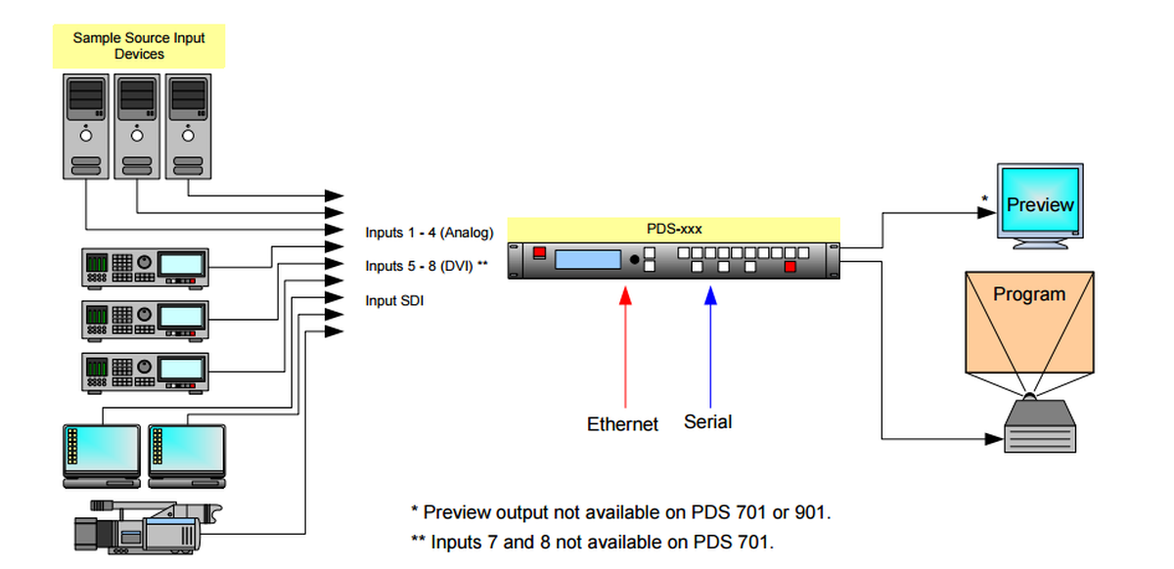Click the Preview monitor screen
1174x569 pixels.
pyautogui.click(x=1039, y=202)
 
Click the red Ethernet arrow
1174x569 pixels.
pyautogui.click(x=623, y=342)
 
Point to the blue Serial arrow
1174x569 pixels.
pyautogui.click(x=710, y=342)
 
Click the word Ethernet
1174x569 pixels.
pyautogui.click(x=622, y=424)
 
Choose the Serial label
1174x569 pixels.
pyautogui.click(x=708, y=422)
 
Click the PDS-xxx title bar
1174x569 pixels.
pyautogui.click(x=674, y=229)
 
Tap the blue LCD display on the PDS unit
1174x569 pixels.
pyautogui.click(x=588, y=259)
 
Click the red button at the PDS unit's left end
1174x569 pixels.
pyautogui.click(x=538, y=255)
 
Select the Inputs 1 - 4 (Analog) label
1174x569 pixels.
pyautogui.click(x=429, y=233)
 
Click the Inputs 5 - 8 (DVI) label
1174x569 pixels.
pyautogui.click(x=427, y=266)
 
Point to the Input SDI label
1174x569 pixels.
pyautogui.click(x=394, y=300)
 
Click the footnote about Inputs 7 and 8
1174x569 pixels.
pyautogui.click(x=592, y=542)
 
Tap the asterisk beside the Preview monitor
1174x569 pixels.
pyautogui.click(x=984, y=199)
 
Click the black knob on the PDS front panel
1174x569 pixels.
pyautogui.click(x=634, y=260)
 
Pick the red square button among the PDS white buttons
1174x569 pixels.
pyautogui.click(x=790, y=266)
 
